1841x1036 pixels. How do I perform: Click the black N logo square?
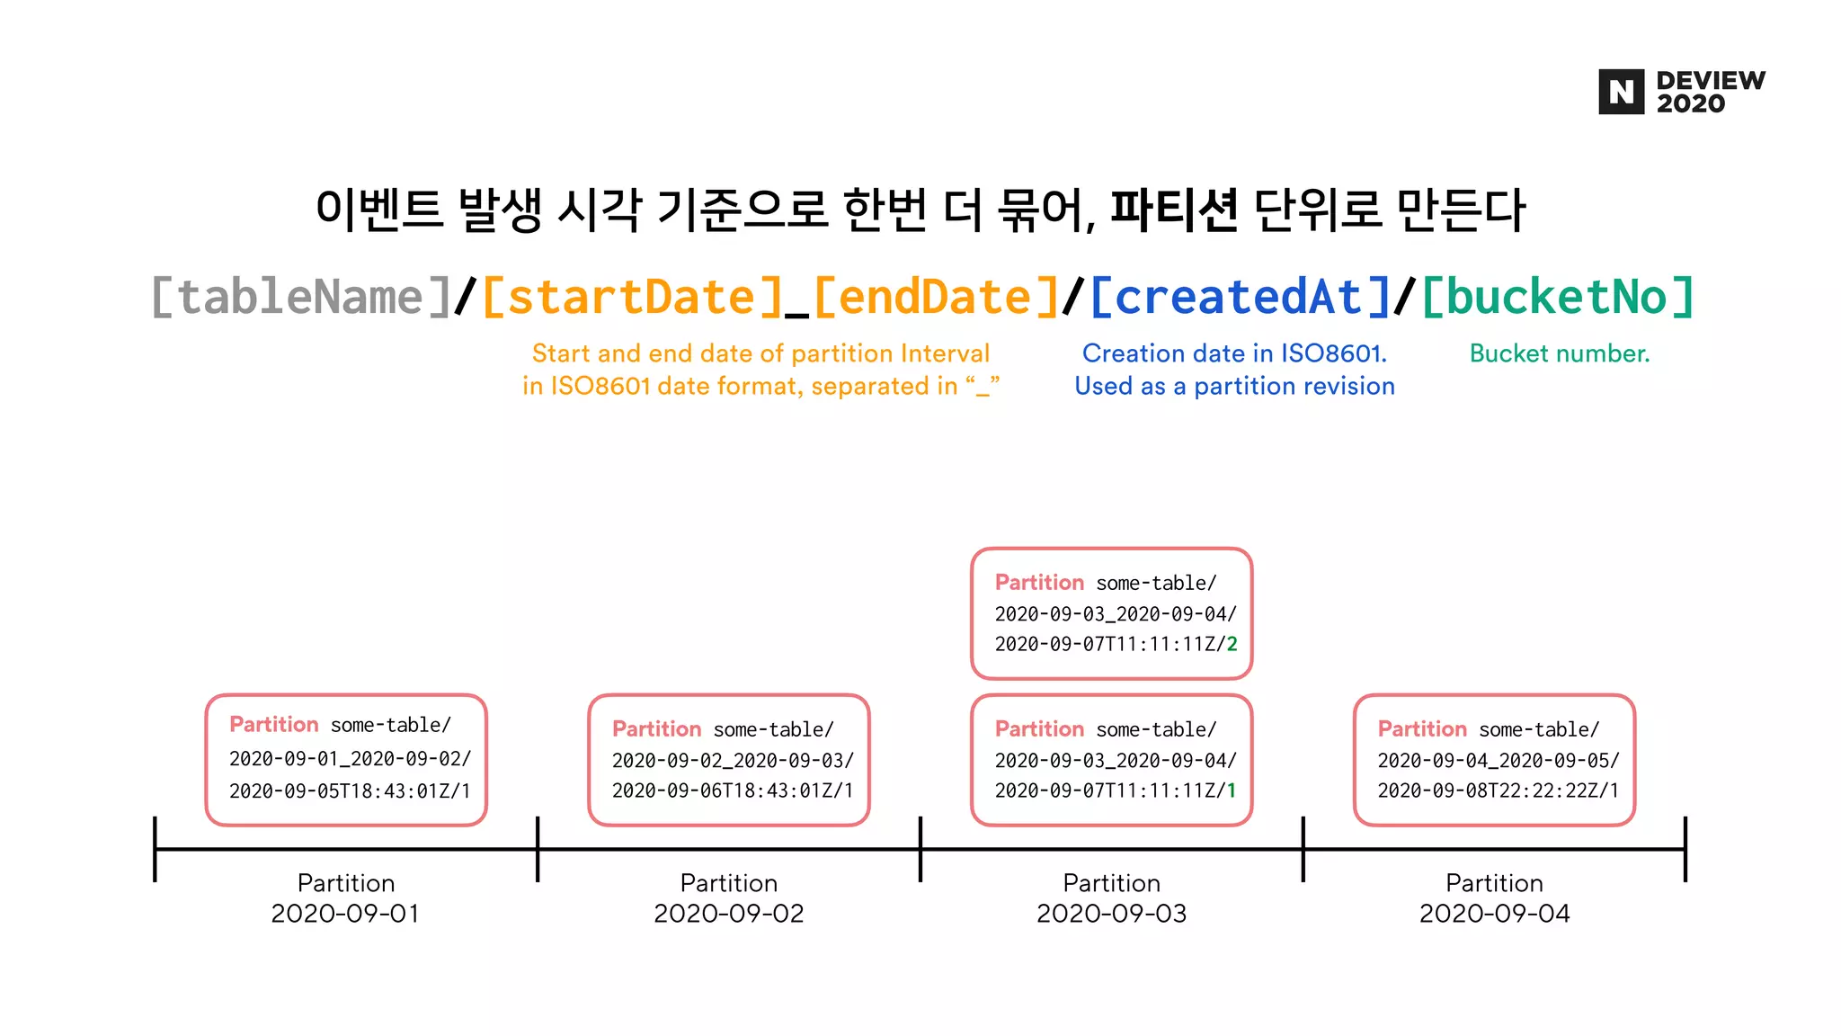[1621, 92]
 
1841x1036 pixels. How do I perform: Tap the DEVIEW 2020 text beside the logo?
[1710, 92]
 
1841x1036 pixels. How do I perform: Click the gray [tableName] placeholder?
[302, 297]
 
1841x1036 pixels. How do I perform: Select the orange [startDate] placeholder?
[633, 297]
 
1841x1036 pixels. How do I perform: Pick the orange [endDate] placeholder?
[937, 297]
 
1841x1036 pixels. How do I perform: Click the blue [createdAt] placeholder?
[1241, 297]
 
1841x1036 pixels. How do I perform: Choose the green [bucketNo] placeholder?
[1558, 297]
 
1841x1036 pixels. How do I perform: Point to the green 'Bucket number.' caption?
[1560, 353]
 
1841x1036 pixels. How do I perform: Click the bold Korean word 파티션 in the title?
[1174, 210]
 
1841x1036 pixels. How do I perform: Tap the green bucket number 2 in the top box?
[1232, 644]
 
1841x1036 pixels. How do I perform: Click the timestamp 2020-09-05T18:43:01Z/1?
[350, 790]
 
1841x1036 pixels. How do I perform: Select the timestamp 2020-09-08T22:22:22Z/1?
[1498, 790]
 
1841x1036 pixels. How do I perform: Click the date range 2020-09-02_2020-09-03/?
[733, 761]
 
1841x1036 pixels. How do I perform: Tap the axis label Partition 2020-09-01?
[346, 898]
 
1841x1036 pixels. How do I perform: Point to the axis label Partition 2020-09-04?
[1494, 898]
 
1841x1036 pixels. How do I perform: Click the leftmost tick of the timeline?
[156, 849]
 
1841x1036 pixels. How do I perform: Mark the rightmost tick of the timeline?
[1685, 849]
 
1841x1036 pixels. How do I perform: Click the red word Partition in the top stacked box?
[1039, 583]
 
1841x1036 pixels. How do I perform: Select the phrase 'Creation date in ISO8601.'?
[1234, 353]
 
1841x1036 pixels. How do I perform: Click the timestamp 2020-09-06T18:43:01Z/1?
[733, 790]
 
